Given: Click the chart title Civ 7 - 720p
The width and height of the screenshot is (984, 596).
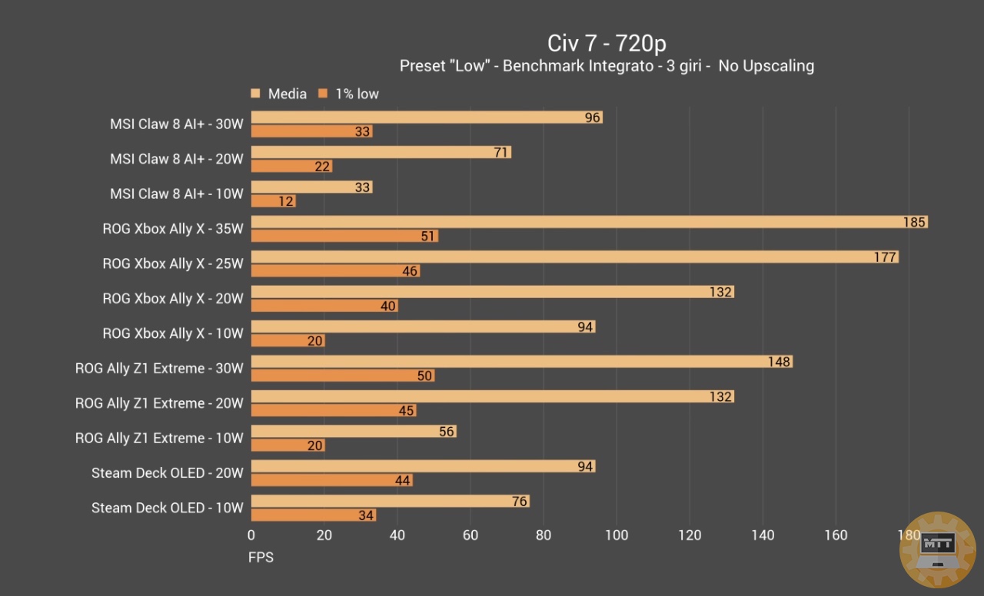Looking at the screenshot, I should coord(607,43).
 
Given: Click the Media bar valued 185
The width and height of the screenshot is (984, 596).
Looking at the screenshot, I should coord(589,222).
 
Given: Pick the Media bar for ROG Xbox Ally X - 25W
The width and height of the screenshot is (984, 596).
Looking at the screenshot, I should coord(574,257).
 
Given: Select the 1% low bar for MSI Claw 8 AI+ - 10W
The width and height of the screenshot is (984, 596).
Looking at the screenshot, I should coord(273,201).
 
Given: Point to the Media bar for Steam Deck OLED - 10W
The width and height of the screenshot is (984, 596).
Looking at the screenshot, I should coord(390,502).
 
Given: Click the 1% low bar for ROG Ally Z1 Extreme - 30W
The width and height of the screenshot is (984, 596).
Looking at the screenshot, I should coord(342,376).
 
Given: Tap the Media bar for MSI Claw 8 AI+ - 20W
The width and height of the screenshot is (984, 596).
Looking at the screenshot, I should coord(381,152).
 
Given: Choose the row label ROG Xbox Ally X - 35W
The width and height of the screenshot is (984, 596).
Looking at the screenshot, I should coord(173,229).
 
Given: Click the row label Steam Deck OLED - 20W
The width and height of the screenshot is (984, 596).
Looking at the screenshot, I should coord(168,473).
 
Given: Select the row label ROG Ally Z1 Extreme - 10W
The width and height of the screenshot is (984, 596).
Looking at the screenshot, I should coord(159,439).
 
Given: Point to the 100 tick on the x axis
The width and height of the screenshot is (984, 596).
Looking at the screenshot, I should coord(617,535).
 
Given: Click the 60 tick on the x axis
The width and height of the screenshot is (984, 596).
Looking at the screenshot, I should coord(470,535).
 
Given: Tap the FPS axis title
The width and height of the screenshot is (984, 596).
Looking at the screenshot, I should coord(261,558).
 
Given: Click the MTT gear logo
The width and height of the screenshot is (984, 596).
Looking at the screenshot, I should coord(937,550).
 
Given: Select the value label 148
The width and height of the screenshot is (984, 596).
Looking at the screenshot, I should coord(779,362).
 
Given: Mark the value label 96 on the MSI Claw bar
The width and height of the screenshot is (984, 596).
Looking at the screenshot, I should coord(592,118).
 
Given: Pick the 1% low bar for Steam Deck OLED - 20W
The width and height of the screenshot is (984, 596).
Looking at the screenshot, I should coord(331,480).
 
